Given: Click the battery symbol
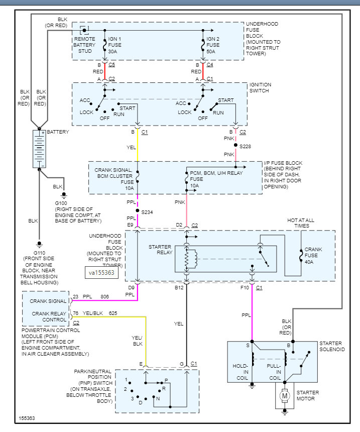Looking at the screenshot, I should tap(39, 149).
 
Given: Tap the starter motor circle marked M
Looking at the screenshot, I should tap(285, 397).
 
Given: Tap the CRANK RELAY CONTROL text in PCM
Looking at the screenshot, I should tap(46, 316).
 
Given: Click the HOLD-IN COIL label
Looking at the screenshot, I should tap(241, 372).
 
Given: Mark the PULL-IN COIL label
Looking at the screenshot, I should tap(274, 372).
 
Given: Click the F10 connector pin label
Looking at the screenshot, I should tap(245, 288).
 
